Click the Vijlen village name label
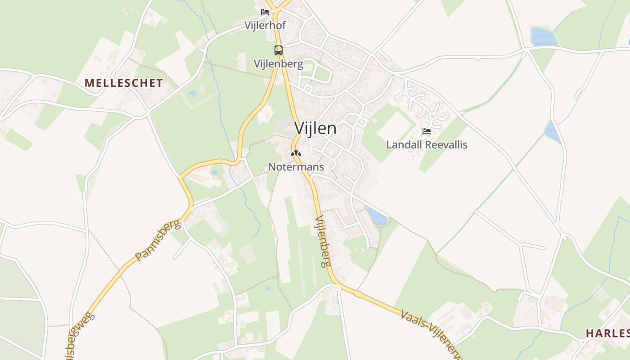315,128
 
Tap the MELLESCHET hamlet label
123,83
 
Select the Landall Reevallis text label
427,144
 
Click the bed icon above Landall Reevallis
427,131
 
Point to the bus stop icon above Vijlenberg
279,50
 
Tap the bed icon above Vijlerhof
265,12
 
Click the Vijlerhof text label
265,25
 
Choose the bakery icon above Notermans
296,154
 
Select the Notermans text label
296,167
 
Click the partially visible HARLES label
607,333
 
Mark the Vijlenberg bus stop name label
278,64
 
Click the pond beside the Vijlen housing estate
377,217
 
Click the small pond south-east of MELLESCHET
193,94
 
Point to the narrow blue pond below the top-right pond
553,132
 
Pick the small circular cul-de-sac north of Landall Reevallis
432,117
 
